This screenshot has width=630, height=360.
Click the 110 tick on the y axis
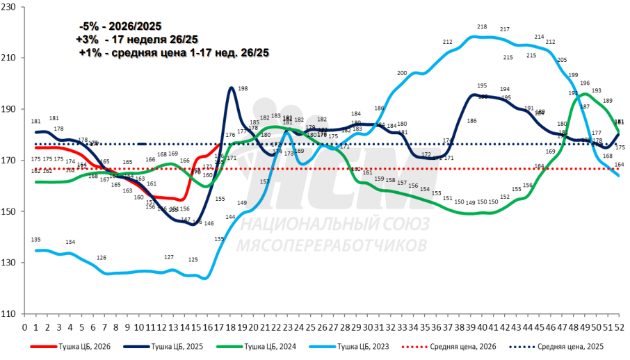pyautogui.click(x=11, y=313)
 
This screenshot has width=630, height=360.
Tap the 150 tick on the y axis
pyautogui.click(x=11, y=211)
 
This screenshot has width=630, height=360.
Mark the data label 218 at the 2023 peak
pyautogui.click(x=482, y=27)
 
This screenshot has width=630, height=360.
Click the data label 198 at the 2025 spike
pyautogui.click(x=243, y=89)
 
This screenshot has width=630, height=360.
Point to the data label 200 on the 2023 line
pyautogui.click(x=402, y=73)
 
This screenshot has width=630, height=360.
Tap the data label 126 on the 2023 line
pyautogui.click(x=102, y=258)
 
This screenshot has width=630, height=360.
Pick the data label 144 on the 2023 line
pyautogui.click(x=230, y=217)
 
